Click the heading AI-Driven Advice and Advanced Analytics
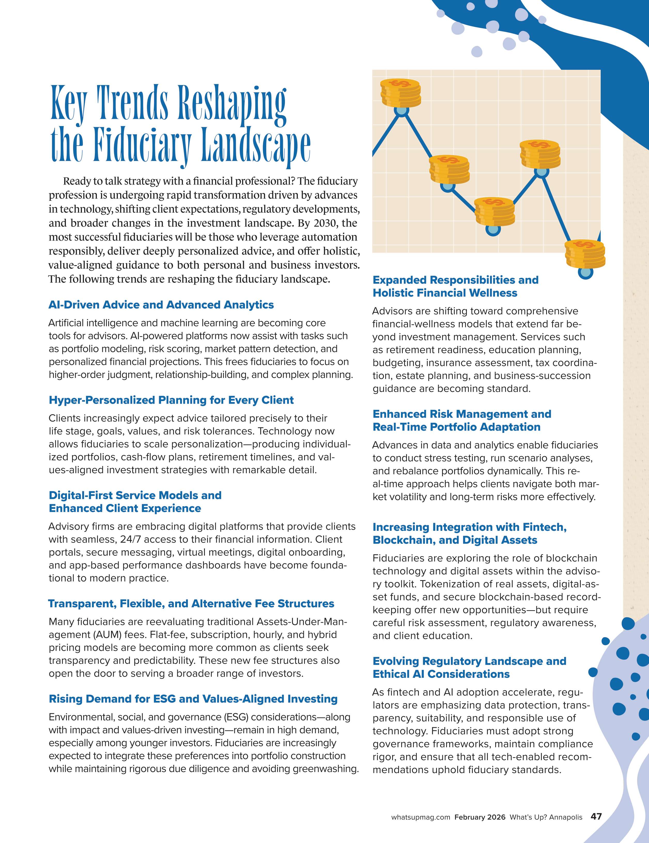pyautogui.click(x=161, y=305)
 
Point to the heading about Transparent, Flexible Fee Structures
pyautogui.click(x=191, y=604)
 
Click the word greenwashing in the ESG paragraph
pyautogui.click(x=325, y=769)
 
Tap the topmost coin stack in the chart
pyautogui.click(x=400, y=93)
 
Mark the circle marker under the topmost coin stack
pyautogui.click(x=401, y=111)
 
